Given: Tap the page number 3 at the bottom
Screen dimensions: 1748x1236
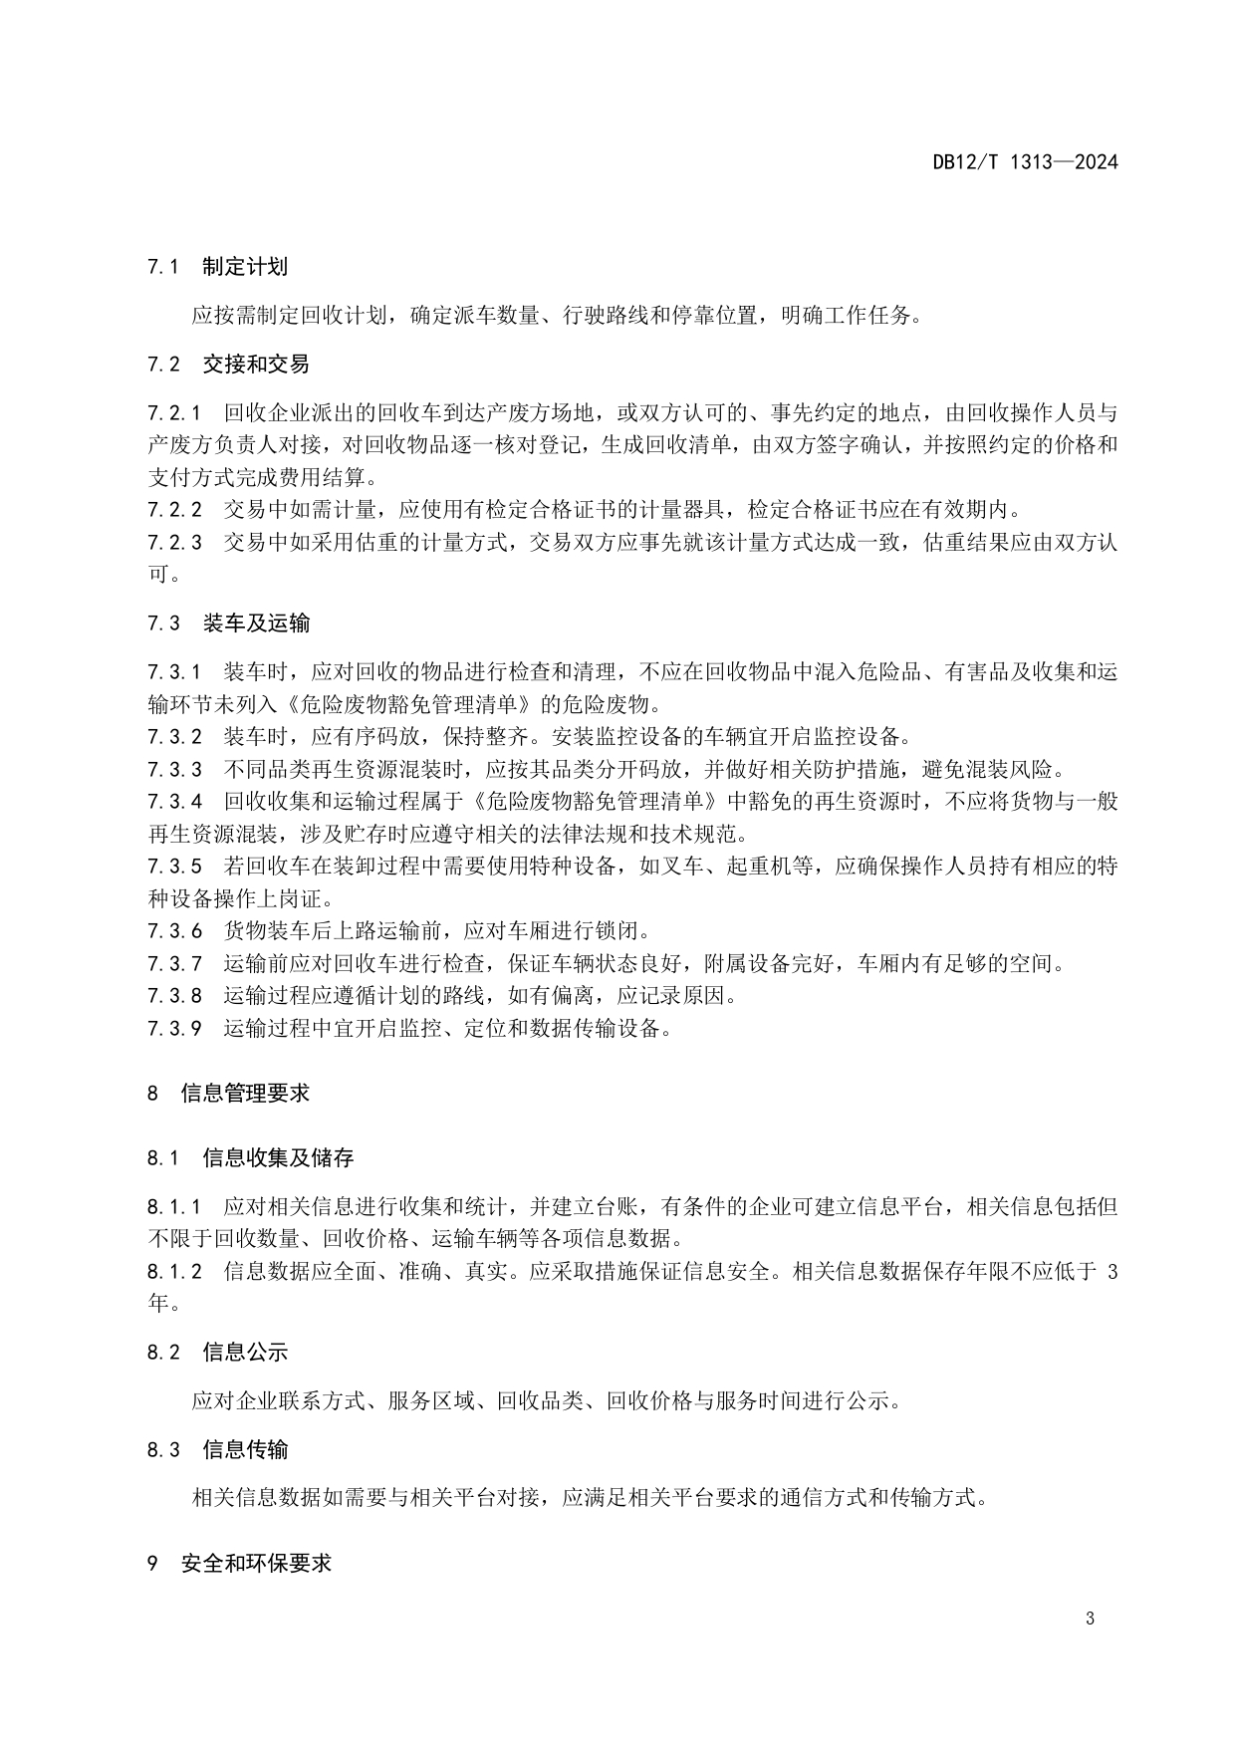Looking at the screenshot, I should [x=1090, y=1619].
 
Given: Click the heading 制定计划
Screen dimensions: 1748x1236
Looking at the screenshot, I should [x=245, y=267].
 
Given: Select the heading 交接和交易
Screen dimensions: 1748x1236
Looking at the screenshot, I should [x=256, y=365].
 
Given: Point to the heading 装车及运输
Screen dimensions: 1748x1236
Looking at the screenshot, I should [x=256, y=624].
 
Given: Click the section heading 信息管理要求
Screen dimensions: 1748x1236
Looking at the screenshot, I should [x=245, y=1093].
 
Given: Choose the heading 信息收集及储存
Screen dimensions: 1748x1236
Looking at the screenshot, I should [x=278, y=1157].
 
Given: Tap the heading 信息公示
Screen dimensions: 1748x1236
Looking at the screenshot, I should [x=245, y=1352].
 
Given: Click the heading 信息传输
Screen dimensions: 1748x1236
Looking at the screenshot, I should [x=245, y=1449].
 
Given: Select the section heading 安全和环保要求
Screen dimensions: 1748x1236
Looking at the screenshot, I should [x=256, y=1563].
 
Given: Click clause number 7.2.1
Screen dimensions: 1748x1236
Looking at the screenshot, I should [x=174, y=412].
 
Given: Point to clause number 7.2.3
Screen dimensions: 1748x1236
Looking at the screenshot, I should [x=174, y=543].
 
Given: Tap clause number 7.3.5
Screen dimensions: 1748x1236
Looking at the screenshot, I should [x=174, y=867].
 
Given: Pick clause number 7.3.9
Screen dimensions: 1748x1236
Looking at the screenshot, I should [x=174, y=1029].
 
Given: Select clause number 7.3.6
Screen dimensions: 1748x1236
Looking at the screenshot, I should [x=174, y=931].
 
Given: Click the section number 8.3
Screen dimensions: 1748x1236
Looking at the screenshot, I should [x=163, y=1449].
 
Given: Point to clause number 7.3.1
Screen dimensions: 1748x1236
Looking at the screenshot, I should [x=174, y=672].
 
